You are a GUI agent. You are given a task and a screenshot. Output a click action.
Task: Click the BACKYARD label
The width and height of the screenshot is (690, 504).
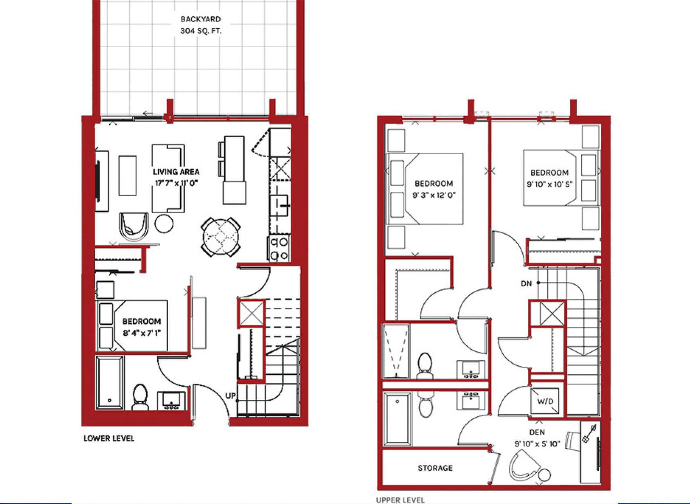(201, 19)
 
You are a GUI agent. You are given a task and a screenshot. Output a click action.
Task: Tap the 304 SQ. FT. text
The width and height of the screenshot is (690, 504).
(201, 31)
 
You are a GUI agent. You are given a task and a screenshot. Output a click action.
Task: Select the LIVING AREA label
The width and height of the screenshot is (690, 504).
(176, 172)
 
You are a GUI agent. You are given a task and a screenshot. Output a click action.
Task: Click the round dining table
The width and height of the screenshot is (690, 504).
(221, 237)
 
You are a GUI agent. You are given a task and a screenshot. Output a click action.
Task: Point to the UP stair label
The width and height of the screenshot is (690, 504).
(230, 395)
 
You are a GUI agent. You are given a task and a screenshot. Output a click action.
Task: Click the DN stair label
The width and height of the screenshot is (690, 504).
(527, 283)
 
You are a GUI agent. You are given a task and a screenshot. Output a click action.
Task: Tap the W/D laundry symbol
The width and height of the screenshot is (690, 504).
(545, 401)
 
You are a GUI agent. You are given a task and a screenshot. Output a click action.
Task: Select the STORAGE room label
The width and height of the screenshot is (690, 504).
(435, 468)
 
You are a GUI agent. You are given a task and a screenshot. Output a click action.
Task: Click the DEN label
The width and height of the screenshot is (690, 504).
(537, 433)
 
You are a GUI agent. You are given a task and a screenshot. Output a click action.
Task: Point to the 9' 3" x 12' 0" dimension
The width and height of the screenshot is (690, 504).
(434, 195)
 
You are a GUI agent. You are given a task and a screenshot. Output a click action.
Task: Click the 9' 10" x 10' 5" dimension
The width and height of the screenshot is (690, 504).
(549, 184)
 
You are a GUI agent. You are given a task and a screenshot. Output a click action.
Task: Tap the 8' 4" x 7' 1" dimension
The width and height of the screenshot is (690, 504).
(142, 333)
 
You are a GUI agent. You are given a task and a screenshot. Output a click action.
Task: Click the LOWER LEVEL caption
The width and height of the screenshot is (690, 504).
(109, 438)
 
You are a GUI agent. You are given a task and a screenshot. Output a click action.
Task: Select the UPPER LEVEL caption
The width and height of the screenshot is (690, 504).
(400, 500)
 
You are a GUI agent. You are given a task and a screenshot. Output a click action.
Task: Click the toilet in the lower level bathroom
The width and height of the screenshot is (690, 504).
(140, 397)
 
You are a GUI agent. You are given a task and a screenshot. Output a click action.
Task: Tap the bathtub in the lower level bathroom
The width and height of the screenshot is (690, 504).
(110, 383)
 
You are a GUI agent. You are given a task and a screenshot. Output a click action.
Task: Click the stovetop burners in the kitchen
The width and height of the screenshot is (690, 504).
(279, 248)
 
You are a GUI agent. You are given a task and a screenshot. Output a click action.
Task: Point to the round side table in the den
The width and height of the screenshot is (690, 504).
(544, 475)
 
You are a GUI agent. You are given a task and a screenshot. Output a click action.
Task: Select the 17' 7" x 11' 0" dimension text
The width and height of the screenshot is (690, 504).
(176, 183)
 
